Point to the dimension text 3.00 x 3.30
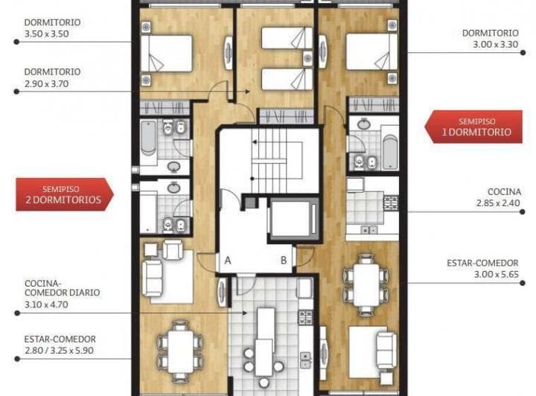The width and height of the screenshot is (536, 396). (491, 45)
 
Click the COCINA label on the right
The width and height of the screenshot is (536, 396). (505, 191)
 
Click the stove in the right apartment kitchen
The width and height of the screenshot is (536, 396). (390, 202)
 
